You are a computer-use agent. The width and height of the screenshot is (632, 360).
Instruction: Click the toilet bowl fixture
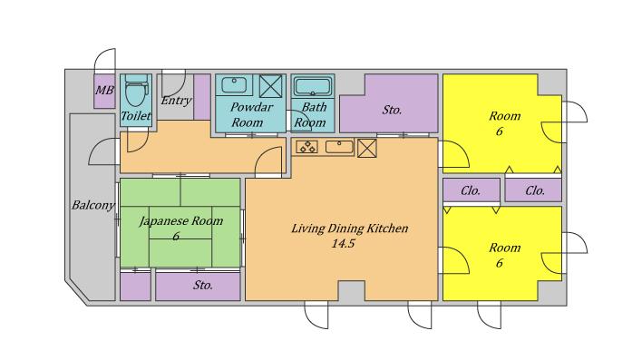(136, 91)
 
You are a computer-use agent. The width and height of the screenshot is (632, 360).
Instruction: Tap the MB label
(104, 91)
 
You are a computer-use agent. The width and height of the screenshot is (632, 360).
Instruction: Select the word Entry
(176, 101)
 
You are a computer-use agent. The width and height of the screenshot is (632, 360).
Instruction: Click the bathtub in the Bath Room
(312, 87)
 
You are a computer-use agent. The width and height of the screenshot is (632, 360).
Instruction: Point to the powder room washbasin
(234, 84)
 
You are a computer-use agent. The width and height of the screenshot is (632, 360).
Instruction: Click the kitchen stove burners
(307, 147)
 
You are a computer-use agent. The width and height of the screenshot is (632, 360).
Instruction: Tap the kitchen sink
(339, 147)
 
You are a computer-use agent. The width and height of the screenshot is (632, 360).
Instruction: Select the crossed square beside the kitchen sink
(367, 148)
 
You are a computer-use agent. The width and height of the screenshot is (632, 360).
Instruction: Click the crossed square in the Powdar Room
(270, 86)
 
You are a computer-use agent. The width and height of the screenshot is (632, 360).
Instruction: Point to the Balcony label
(93, 205)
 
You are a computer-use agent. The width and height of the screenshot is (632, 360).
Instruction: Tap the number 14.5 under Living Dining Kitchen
(343, 244)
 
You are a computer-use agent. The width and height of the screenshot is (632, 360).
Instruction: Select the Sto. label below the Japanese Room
(203, 286)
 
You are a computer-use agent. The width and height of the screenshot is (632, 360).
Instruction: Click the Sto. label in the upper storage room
(393, 110)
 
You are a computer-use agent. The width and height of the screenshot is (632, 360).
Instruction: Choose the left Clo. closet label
(471, 190)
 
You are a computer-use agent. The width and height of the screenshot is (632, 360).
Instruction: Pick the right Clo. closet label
(535, 190)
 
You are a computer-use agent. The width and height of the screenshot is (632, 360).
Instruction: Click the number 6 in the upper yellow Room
(500, 131)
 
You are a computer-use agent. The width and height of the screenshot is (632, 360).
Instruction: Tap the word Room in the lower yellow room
(505, 248)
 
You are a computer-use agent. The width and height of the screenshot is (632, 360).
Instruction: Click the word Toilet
(136, 116)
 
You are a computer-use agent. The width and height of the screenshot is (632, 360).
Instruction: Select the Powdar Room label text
(250, 115)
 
